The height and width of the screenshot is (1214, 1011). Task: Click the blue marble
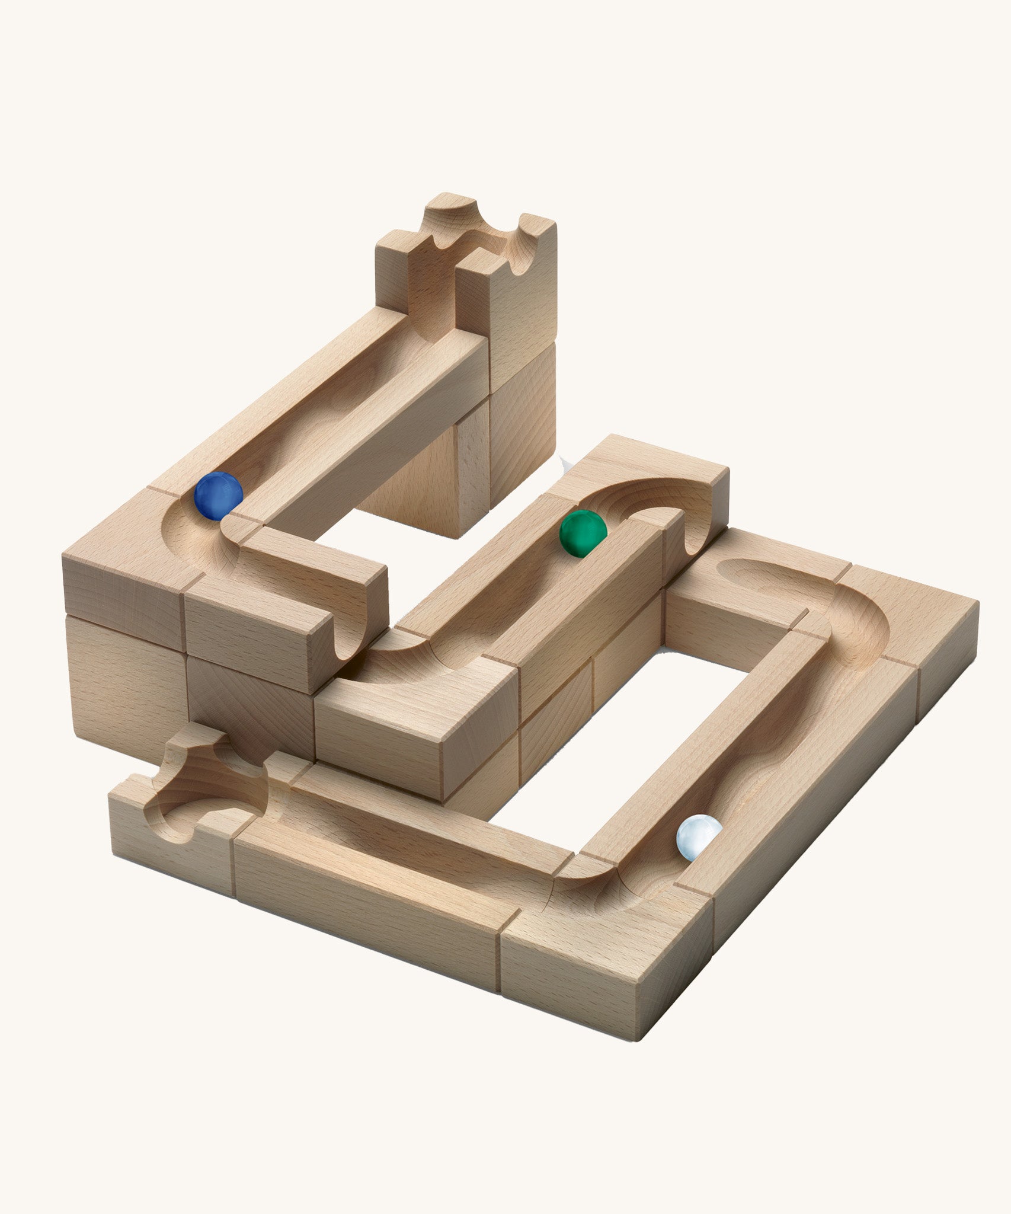pyautogui.click(x=219, y=496)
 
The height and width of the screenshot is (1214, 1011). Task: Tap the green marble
pyautogui.click(x=583, y=534)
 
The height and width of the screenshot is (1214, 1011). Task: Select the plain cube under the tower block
pyautogui.click(x=522, y=397)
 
